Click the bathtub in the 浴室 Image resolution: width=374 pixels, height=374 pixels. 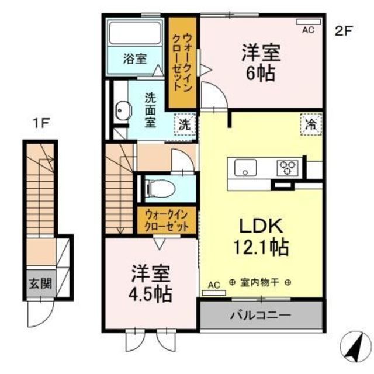point(135,33)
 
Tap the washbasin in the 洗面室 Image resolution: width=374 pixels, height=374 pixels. point(123,110)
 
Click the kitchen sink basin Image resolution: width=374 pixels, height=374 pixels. point(245,168)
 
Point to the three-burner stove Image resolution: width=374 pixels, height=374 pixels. point(288,168)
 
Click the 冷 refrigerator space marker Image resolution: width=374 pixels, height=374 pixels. point(311,124)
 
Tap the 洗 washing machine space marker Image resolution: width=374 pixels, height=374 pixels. point(185,124)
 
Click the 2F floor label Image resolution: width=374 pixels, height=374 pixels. point(344,31)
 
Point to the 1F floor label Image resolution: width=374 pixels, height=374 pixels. point(41,124)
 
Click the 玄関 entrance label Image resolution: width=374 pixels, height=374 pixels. point(40,284)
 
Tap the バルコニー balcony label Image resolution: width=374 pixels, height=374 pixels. point(261,316)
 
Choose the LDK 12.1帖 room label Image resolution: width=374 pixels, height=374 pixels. point(261,237)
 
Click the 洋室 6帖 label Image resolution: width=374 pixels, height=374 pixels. point(261,63)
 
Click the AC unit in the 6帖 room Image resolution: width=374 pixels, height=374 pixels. point(308,22)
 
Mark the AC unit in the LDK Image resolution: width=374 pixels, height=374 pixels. point(214,293)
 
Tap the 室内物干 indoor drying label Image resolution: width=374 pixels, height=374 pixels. point(259,283)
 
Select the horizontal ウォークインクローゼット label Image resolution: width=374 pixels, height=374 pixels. point(167,220)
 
